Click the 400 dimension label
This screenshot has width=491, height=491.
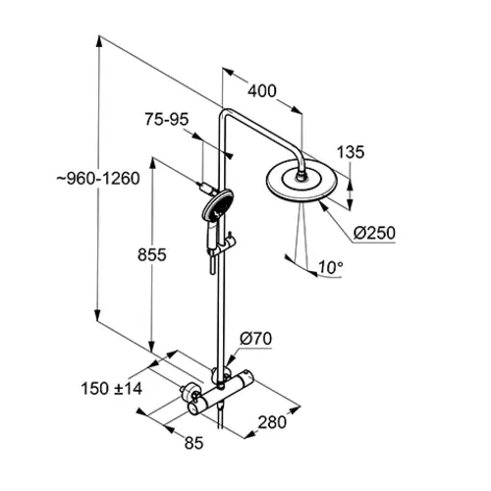pos(262,91)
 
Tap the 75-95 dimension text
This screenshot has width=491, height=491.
pos(167,119)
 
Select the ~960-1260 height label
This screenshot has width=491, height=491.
pos(98,179)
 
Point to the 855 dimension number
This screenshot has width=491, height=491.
pos(152,254)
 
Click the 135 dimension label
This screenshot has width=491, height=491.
pos(351,152)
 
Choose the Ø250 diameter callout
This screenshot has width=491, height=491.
pos(374,233)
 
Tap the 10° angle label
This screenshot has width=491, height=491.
pos(331,267)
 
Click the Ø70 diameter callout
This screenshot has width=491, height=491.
pos(255,339)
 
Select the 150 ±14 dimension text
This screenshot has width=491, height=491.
pos(112,389)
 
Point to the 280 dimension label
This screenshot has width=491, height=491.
pos(272,422)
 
